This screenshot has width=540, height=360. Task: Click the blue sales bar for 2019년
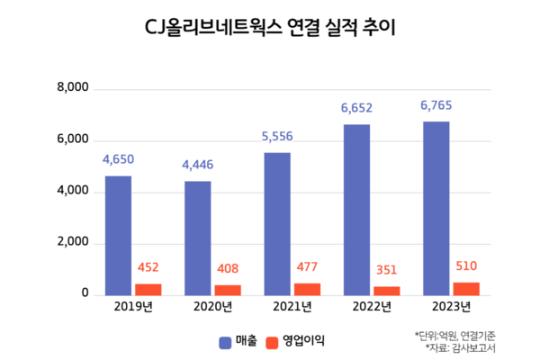click(118, 236)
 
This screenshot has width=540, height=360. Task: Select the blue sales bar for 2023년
click(436, 209)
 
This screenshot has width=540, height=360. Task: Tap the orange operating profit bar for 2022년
click(387, 291)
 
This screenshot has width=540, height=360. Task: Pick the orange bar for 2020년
click(228, 291)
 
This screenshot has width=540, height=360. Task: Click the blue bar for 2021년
click(277, 224)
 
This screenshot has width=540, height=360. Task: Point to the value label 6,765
click(436, 105)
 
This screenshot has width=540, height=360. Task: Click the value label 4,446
click(198, 165)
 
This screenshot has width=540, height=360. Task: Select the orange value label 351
click(386, 270)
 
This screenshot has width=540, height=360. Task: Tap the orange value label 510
click(466, 266)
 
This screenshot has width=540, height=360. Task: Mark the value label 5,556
click(277, 137)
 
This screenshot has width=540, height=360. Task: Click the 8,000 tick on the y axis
click(73, 87)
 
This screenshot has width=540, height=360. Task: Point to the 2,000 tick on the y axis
click(73, 242)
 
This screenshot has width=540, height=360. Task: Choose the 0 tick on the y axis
click(85, 292)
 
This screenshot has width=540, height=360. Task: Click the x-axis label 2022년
click(372, 306)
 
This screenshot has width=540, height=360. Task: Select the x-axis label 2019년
click(133, 306)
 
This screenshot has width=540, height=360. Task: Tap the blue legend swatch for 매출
click(225, 343)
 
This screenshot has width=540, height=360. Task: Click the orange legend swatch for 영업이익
click(272, 343)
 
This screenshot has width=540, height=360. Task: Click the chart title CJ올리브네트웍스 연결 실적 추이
click(270, 28)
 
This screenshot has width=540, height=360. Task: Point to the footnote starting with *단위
click(454, 335)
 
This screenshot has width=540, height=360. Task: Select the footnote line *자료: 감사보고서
click(461, 347)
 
